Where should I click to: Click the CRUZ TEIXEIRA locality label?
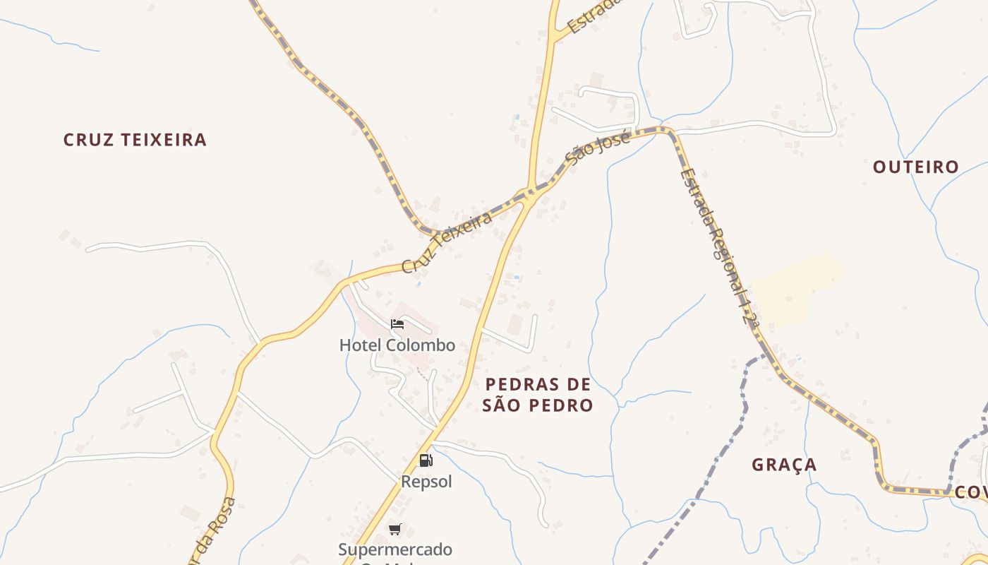[135, 140]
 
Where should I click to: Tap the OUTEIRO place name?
[915, 167]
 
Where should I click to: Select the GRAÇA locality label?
[783, 465]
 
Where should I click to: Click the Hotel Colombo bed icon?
[397, 324]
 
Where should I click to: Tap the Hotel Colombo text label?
[397, 345]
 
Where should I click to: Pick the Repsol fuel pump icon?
[426, 460]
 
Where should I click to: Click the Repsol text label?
[426, 482]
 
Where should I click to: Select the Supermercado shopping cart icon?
[395, 529]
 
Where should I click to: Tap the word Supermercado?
[395, 549]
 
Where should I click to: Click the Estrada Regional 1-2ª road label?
[719, 247]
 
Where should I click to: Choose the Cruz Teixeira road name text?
[447, 242]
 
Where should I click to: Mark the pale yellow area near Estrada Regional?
[794, 290]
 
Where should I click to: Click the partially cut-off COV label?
[971, 492]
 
